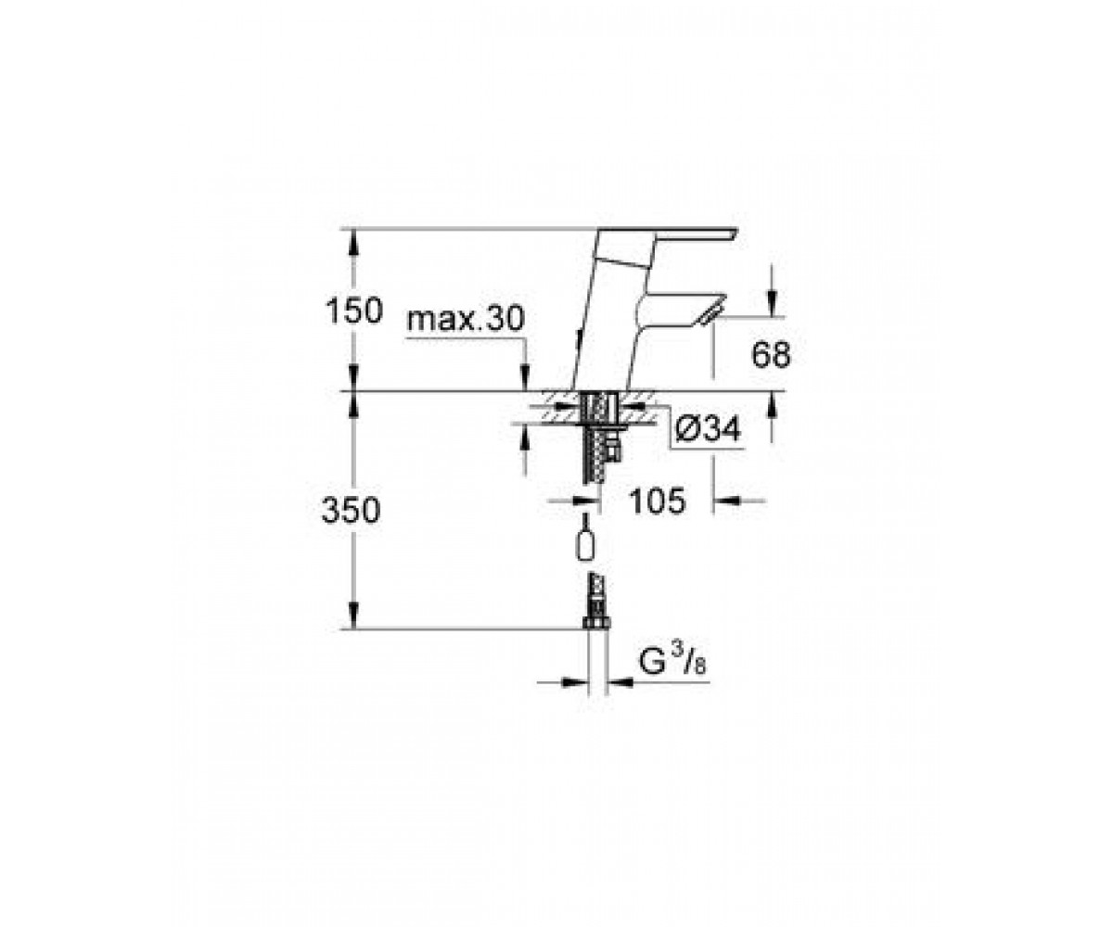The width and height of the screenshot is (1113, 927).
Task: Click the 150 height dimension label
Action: (354, 311)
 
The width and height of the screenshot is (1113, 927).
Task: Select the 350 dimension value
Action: (352, 510)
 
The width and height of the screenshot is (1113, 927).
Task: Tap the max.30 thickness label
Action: (466, 320)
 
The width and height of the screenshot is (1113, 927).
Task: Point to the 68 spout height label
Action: (772, 354)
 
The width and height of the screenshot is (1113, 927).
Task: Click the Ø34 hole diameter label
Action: (708, 429)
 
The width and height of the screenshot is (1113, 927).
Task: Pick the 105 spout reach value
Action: (657, 502)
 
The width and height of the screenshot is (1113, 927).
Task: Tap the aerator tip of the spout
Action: (708, 315)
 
